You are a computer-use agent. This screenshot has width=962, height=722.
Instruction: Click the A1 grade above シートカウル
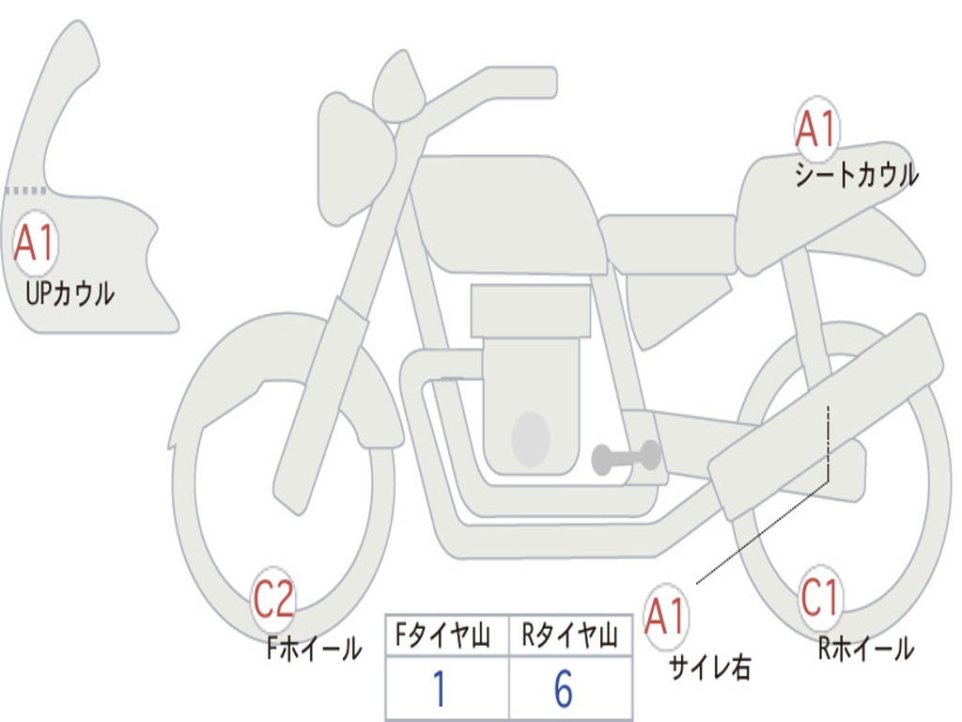click(x=815, y=130)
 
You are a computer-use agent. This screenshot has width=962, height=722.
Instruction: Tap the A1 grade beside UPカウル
click(x=36, y=243)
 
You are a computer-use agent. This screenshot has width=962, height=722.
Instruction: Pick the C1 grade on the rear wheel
click(x=821, y=598)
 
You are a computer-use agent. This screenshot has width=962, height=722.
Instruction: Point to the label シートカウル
click(x=856, y=176)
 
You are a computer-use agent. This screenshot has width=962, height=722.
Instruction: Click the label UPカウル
click(x=70, y=293)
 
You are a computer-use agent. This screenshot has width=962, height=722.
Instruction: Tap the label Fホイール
click(x=314, y=648)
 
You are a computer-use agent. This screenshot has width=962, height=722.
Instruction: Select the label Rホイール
click(x=865, y=648)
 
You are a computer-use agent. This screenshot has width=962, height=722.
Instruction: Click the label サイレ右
click(x=709, y=667)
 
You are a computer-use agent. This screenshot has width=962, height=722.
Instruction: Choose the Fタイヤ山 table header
click(x=447, y=637)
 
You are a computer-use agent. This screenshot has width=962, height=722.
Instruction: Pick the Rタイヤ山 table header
click(x=569, y=637)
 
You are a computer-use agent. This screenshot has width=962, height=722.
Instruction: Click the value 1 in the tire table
click(x=440, y=690)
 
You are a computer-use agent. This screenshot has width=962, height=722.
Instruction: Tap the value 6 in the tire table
click(x=564, y=690)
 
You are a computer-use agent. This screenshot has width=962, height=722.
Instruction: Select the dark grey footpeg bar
click(x=626, y=458)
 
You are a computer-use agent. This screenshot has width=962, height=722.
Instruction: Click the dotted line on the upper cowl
click(x=25, y=190)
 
